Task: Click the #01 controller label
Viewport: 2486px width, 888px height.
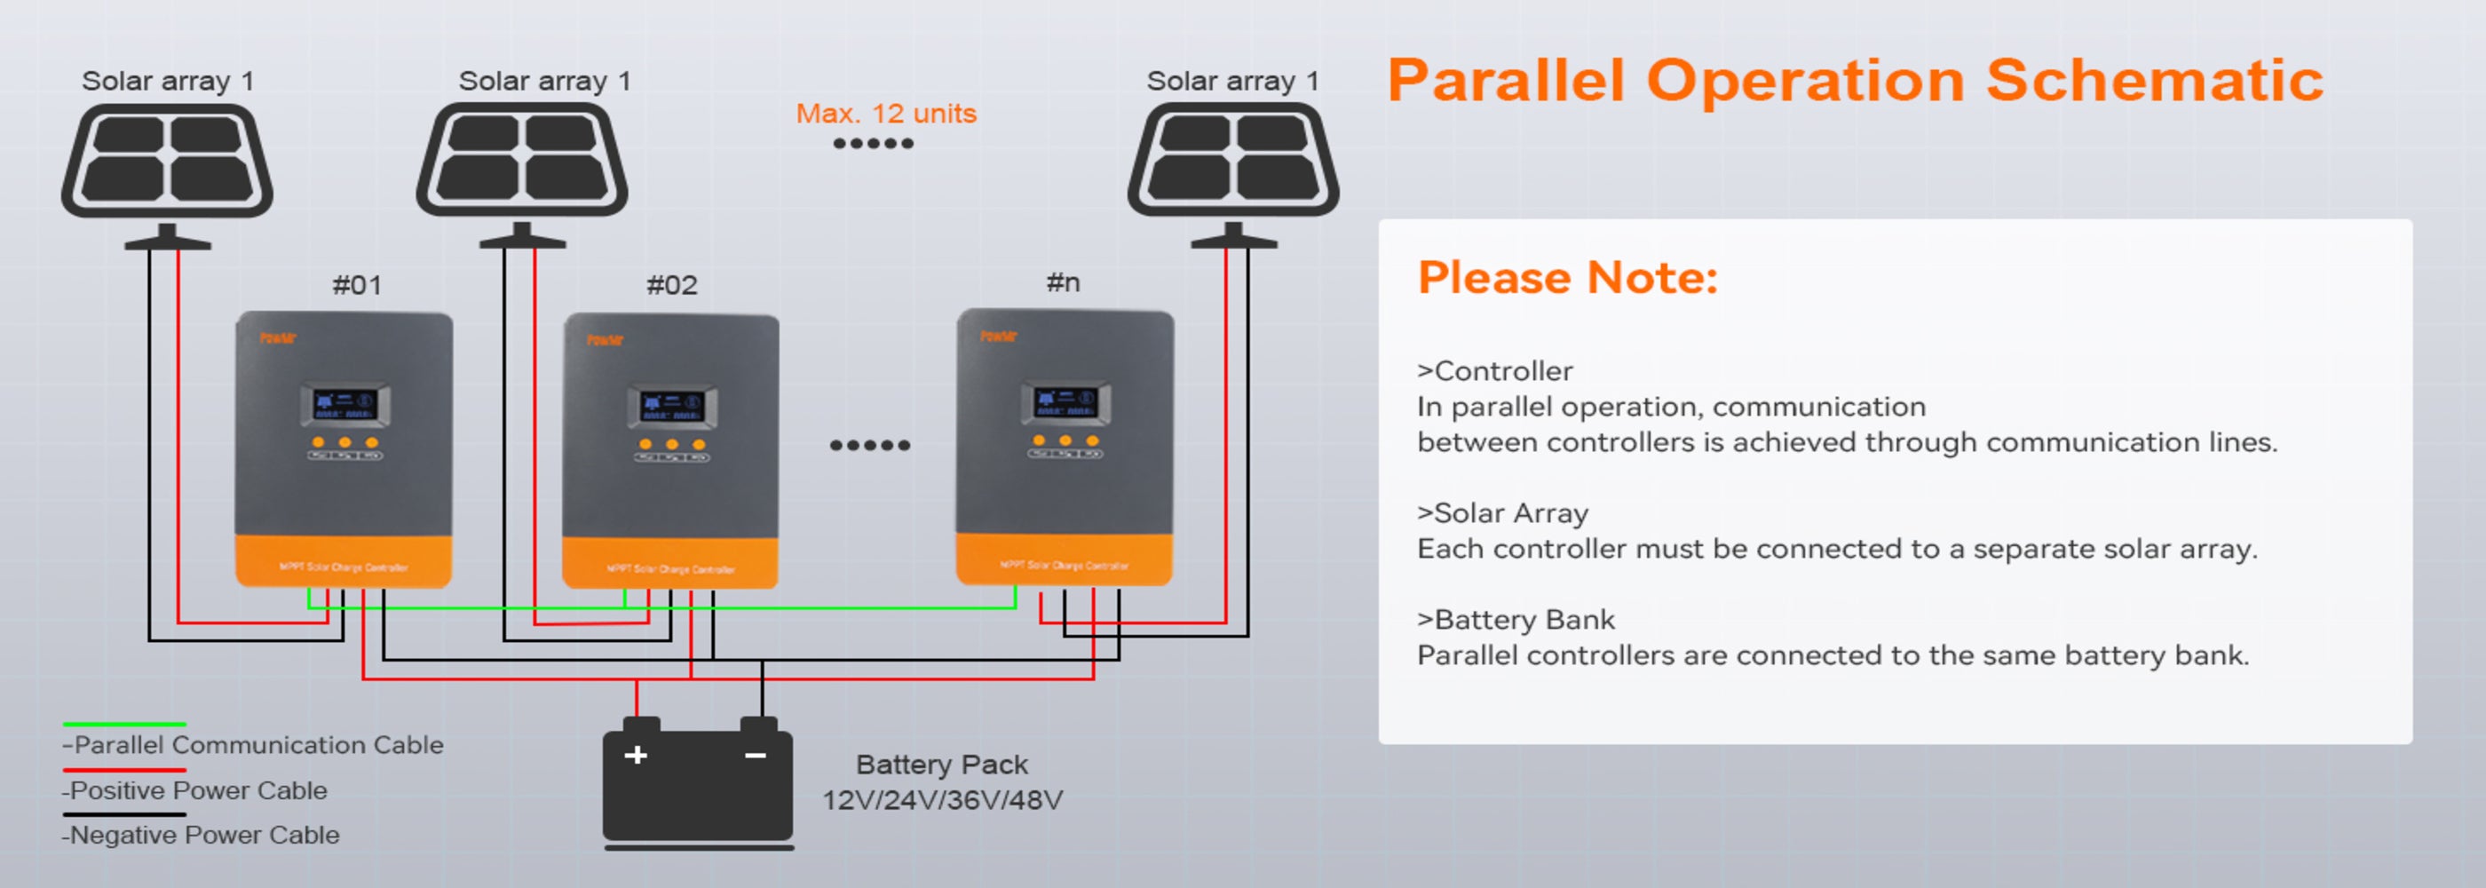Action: click(x=357, y=286)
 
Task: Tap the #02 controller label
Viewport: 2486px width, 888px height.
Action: click(x=672, y=286)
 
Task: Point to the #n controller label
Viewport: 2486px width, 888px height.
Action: click(x=1063, y=282)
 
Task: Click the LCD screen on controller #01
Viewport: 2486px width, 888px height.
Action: click(x=344, y=403)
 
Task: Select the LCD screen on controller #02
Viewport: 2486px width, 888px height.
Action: click(x=672, y=406)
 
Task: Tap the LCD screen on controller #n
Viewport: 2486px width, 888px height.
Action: click(x=1065, y=401)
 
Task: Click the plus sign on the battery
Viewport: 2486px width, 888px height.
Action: click(x=636, y=755)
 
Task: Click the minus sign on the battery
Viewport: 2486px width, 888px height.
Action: click(x=756, y=755)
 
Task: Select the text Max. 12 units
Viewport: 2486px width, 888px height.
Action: click(x=886, y=114)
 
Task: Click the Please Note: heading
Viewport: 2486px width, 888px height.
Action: click(x=1567, y=278)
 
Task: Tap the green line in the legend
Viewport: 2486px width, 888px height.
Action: click(x=124, y=724)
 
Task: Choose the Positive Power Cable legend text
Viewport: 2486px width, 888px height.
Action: click(x=196, y=790)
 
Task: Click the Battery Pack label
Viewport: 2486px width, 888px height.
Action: click(x=941, y=765)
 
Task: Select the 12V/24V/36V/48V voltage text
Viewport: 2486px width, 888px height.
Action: click(x=942, y=800)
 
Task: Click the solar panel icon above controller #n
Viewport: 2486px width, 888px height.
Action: click(x=1232, y=162)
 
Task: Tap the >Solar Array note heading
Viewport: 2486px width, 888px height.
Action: click(x=1501, y=513)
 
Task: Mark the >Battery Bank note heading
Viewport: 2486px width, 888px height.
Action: click(x=1516, y=620)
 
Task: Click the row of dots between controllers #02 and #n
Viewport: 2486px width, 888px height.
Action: click(x=869, y=445)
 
